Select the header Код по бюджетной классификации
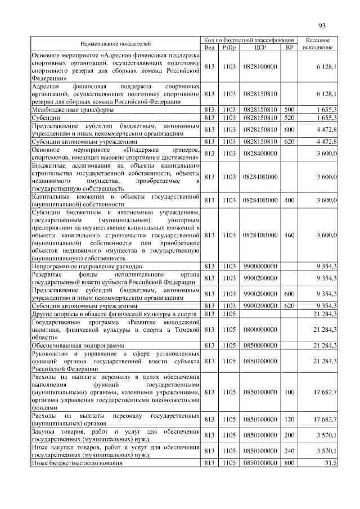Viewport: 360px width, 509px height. [249, 40]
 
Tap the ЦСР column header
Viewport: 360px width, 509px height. [260, 48]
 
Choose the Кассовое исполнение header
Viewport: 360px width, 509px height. [321, 44]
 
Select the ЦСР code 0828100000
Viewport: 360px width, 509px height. [260, 67]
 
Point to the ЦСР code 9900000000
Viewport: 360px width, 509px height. [260, 264]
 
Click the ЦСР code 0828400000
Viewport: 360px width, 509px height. [260, 154]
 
